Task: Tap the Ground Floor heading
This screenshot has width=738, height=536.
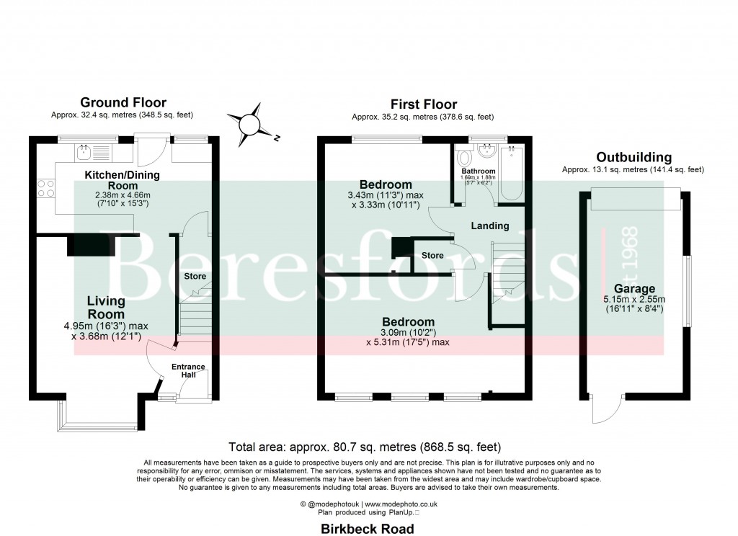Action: click(123, 103)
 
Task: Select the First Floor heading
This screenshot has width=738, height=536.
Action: click(423, 104)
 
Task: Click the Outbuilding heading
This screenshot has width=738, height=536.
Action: click(633, 157)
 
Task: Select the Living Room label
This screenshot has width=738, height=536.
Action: click(106, 308)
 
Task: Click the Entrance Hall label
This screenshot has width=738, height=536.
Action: click(188, 370)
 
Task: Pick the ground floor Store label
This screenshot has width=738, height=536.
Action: click(195, 276)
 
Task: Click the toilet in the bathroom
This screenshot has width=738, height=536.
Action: click(464, 156)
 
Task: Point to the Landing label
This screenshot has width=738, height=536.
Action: click(489, 225)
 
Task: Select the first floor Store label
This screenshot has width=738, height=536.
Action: click(432, 255)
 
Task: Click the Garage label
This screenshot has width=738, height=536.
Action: click(629, 289)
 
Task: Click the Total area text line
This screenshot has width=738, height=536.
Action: click(364, 447)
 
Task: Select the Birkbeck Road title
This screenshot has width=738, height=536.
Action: click(368, 530)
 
